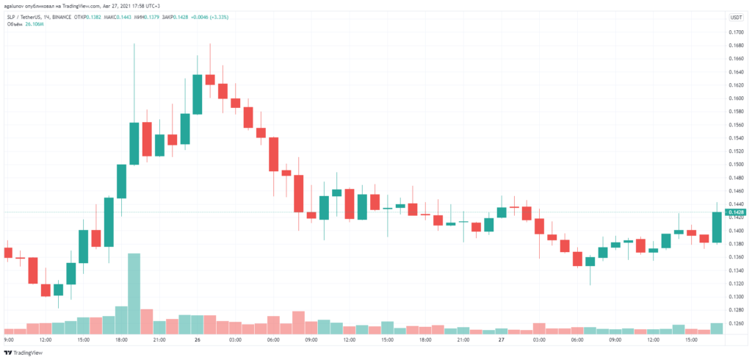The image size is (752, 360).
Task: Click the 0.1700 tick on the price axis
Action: point(735,32)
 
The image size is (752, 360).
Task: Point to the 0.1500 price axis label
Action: point(735,165)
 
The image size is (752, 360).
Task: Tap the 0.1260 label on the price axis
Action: point(735,323)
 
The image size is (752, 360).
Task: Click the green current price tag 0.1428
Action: point(736,212)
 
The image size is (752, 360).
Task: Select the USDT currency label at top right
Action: point(736,17)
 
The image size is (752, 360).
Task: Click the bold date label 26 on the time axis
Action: point(198,340)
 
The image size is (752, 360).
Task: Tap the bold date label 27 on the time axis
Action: point(501,340)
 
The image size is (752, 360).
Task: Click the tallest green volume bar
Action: point(134,292)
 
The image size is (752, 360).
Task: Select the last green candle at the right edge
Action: point(717,227)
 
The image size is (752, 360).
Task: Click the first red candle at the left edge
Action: point(8,253)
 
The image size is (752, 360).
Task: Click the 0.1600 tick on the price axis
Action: point(735,98)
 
